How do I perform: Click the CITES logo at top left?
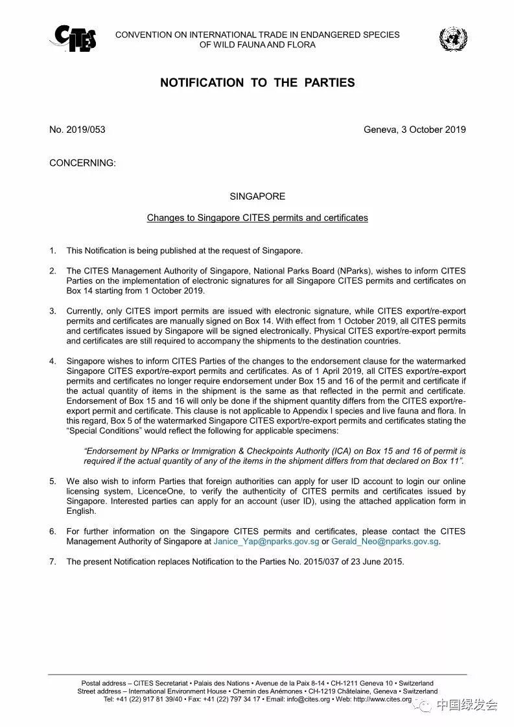73,39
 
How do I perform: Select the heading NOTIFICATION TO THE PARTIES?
257,83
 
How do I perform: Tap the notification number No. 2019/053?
77,130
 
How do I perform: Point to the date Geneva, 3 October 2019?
414,130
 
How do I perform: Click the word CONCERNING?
82,163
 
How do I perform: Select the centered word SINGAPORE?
257,196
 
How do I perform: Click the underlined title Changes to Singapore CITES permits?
257,218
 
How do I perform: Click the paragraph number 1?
53,251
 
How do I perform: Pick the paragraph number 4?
53,361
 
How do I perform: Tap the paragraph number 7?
53,562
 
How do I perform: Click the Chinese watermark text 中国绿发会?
466,705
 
